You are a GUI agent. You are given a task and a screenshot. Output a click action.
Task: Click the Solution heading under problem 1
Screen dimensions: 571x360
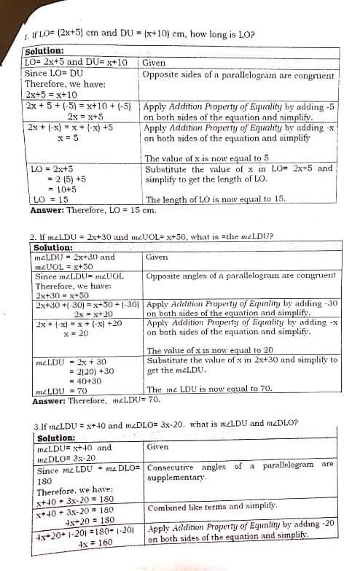point(44,50)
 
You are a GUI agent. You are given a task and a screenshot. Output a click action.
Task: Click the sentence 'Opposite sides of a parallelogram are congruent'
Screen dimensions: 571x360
point(238,74)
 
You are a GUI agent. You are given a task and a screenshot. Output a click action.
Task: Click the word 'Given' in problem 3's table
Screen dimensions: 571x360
point(157,446)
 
